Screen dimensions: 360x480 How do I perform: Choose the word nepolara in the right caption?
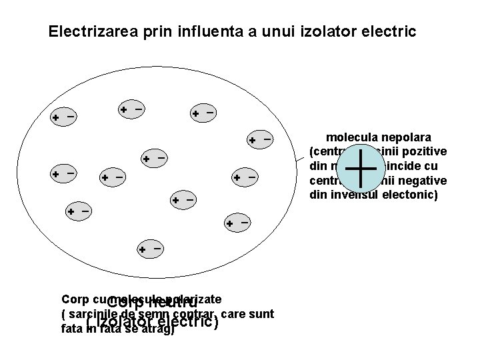[407, 137]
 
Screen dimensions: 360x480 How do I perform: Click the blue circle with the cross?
[359, 168]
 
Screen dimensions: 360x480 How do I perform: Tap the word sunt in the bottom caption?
[261, 314]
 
